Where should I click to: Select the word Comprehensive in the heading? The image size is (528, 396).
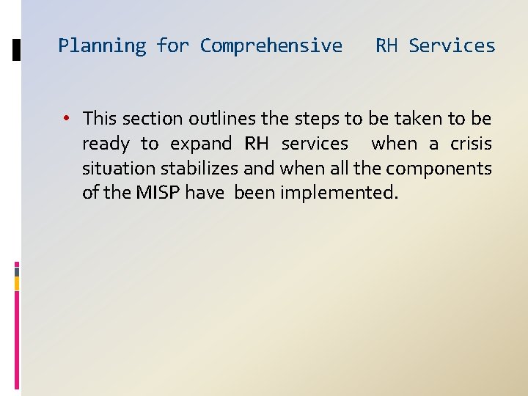click(271, 46)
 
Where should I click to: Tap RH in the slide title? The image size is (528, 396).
click(386, 45)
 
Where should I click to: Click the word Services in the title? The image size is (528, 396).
click(452, 45)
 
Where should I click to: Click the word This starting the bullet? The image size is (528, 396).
click(100, 118)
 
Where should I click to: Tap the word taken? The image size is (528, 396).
click(419, 118)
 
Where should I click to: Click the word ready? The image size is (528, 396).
click(106, 144)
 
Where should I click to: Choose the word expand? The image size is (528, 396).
click(201, 144)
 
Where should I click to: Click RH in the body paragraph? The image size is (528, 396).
click(256, 143)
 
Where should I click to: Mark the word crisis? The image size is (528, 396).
click(471, 143)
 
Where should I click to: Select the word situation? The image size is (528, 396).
click(119, 168)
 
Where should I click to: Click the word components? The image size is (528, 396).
click(439, 169)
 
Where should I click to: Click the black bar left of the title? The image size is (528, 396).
click(17, 50)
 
